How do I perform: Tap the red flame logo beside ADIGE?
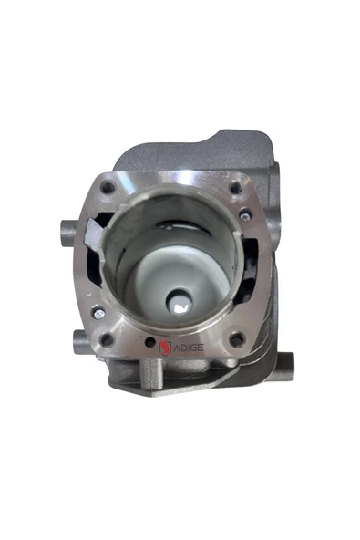pos(165,347)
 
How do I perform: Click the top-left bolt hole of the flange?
pos(108,188)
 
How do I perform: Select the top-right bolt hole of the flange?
pos(236,188)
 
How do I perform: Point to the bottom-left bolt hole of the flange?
pos(108,339)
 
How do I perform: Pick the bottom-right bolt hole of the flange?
pos(237,339)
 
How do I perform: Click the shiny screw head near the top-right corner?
pos(245,215)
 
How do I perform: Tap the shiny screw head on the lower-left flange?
pos(99,314)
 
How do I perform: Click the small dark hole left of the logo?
pos(150,342)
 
